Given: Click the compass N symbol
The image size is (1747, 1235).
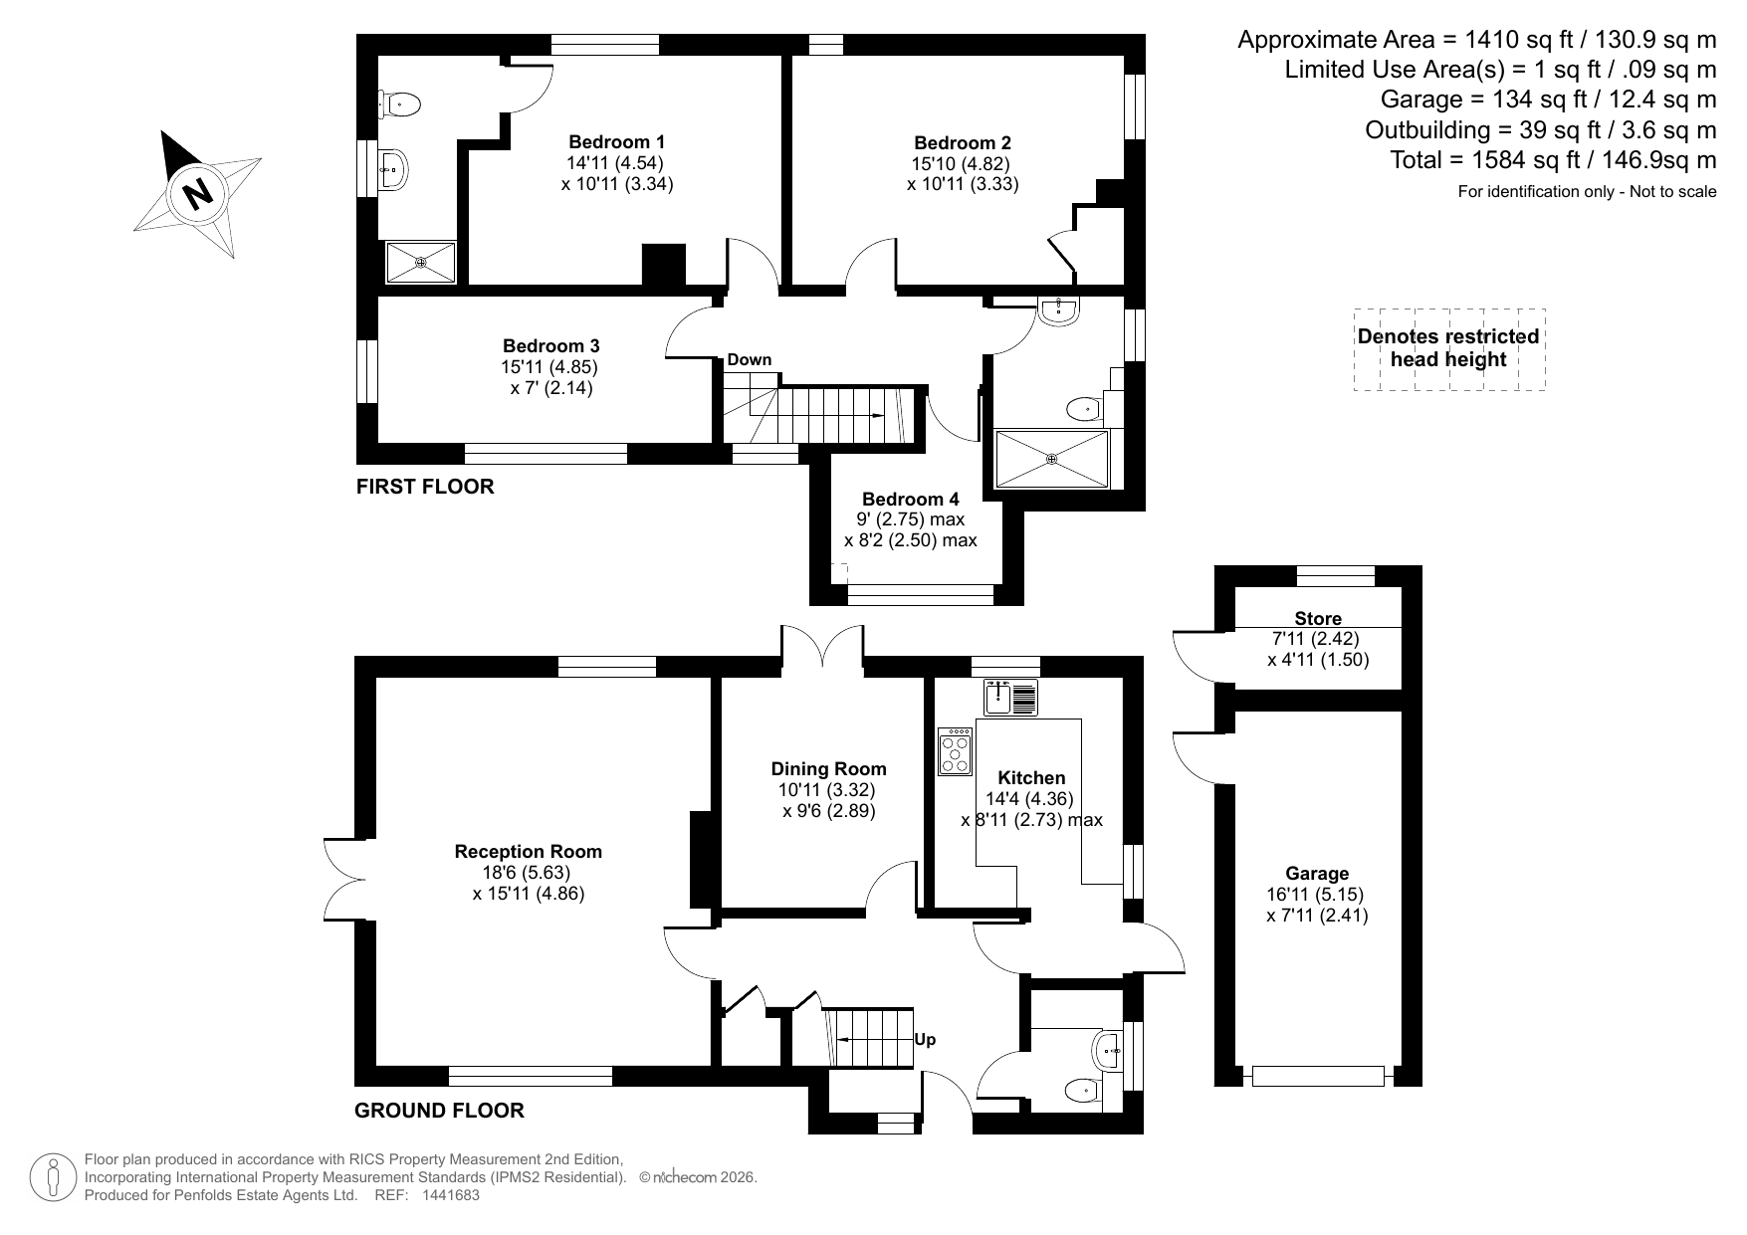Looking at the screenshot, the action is point(197,193).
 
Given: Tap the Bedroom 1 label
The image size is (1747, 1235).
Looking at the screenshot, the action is point(616,141).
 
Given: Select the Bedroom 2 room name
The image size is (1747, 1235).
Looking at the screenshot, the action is point(962,142).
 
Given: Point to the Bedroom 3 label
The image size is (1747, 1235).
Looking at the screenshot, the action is point(550,346).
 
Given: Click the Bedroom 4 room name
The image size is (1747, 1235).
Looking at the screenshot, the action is point(910,499).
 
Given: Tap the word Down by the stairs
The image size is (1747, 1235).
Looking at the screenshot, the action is point(749,359).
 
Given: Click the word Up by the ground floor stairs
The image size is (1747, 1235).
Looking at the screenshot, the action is point(925,1040).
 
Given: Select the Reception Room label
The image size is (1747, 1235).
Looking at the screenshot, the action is point(528,851).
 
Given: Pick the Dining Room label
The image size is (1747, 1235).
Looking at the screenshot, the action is point(828,768).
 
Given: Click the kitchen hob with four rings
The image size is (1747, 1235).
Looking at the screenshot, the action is point(956,751).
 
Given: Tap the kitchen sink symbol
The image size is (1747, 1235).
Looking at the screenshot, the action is point(1010,697).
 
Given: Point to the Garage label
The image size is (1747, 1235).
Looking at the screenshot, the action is point(1317,873).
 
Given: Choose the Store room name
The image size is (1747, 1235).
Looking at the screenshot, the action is point(1318,618).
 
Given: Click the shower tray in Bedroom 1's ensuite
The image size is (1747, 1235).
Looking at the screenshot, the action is point(421,263).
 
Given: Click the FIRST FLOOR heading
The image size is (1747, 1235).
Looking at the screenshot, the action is point(425,487).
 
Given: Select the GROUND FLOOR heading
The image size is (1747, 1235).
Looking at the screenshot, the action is point(439,1110).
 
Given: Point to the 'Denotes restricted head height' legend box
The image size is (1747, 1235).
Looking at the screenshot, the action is point(1448,348).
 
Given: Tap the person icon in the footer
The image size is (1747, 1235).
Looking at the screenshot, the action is point(54,1177).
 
